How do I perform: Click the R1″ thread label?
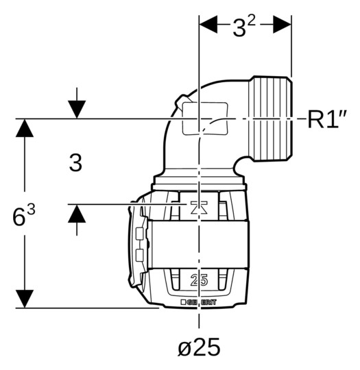(x=327, y=119)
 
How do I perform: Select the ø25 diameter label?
(x=199, y=347)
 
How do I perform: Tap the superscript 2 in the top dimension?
(x=252, y=22)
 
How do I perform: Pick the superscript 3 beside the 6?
(x=31, y=210)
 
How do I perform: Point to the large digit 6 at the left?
(x=19, y=217)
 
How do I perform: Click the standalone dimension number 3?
(x=75, y=162)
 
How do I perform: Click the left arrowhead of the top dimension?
(x=208, y=24)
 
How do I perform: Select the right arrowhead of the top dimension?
(x=282, y=24)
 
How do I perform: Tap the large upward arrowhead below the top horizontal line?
(x=25, y=128)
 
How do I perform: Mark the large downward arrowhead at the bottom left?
(x=25, y=299)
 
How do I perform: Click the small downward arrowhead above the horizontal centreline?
(x=77, y=110)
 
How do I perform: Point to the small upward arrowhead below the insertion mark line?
(x=77, y=213)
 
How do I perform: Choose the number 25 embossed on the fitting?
(x=199, y=280)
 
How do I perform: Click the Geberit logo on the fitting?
(x=198, y=302)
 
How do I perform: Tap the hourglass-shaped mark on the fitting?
(x=199, y=208)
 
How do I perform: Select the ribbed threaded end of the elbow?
(x=270, y=119)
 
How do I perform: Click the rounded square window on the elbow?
(x=205, y=119)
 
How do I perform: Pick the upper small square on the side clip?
(x=140, y=234)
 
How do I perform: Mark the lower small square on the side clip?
(x=140, y=255)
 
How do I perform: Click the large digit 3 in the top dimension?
(x=239, y=28)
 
